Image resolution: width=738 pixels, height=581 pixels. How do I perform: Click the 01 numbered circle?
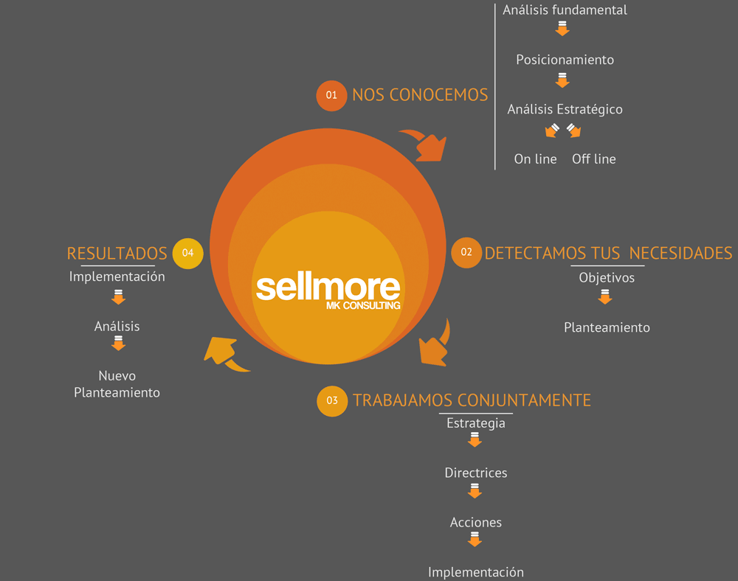(331, 95)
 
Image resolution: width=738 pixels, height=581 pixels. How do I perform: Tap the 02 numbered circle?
(466, 252)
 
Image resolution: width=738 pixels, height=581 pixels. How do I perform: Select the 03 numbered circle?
(332, 401)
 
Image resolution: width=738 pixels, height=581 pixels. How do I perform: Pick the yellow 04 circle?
(187, 254)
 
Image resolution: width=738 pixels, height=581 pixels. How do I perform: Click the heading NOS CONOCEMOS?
(420, 95)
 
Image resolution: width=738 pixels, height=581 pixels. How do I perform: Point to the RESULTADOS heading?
(117, 254)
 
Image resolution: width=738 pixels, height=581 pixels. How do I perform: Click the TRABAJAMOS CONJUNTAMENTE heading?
(472, 400)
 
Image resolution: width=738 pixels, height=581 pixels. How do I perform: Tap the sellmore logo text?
(328, 288)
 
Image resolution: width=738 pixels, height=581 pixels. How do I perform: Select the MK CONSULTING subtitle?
(363, 305)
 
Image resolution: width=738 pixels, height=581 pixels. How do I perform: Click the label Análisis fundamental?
(565, 10)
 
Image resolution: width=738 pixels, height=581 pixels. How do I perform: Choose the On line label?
(535, 159)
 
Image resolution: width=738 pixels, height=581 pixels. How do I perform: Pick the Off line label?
(594, 159)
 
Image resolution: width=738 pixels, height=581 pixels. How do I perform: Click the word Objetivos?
(607, 278)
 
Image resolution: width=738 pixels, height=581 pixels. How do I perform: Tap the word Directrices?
(476, 473)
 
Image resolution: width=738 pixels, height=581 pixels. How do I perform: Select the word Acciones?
(476, 522)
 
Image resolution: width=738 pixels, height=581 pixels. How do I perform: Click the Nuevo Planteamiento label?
(117, 384)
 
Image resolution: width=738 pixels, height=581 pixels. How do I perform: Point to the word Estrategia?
(476, 423)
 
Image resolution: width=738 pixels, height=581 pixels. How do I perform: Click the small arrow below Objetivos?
(605, 296)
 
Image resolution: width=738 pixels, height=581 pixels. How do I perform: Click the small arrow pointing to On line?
(552, 131)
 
